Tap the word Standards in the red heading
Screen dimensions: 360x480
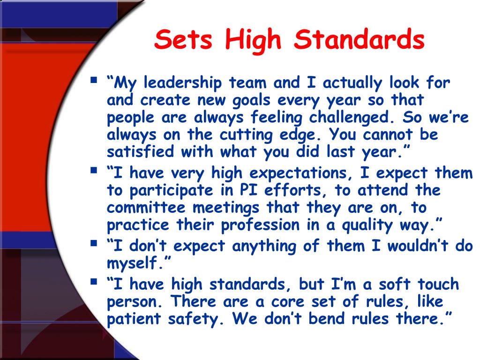pos(359,40)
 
